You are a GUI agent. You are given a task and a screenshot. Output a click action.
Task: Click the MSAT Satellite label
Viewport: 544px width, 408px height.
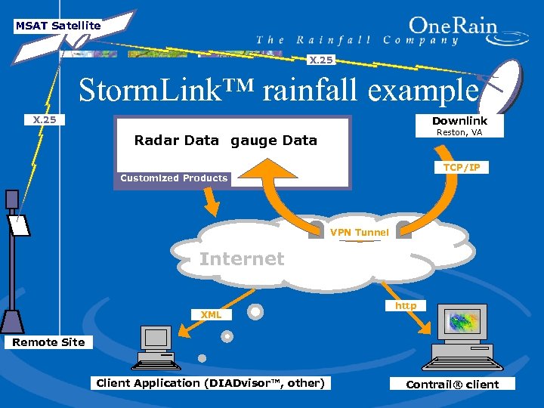(x=58, y=26)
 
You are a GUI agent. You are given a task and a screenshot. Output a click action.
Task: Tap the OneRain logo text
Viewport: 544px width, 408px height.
(x=453, y=27)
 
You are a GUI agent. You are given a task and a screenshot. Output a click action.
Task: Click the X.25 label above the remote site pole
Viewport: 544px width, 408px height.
(x=45, y=119)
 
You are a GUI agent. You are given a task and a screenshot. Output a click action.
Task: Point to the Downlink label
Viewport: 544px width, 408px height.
(x=459, y=121)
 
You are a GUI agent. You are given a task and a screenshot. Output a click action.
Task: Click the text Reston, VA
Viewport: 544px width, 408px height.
(x=459, y=133)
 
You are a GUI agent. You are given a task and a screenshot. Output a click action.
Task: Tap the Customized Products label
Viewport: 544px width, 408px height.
(x=174, y=178)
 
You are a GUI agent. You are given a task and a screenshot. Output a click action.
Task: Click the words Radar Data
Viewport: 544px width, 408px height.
(x=176, y=140)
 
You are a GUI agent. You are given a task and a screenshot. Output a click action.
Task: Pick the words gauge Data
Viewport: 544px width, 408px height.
(x=274, y=140)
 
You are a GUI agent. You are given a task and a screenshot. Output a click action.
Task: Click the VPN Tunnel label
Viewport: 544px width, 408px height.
(x=359, y=232)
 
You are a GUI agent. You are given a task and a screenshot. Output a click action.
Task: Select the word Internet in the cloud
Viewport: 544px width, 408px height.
(x=242, y=259)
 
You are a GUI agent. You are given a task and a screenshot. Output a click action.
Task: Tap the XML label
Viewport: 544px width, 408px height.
(x=211, y=314)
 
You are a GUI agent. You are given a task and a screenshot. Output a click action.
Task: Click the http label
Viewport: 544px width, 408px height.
(x=406, y=305)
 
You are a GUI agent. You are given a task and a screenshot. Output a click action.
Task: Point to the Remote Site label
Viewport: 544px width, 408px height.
(x=48, y=342)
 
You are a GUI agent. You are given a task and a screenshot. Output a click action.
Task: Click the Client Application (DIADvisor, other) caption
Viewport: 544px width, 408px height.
(x=210, y=383)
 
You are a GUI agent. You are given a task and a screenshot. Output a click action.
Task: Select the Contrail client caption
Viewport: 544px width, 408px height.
(x=452, y=384)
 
